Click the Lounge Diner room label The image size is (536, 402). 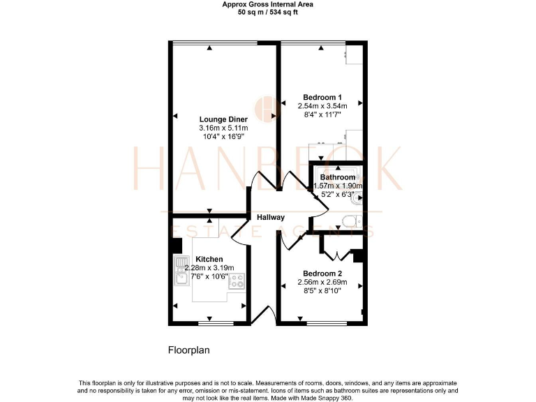point(223,119)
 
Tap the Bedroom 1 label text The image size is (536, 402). point(322,97)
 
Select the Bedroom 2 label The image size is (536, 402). point(322,273)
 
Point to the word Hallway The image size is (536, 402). point(271,217)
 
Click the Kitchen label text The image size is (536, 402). point(209,259)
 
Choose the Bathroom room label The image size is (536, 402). point(337,177)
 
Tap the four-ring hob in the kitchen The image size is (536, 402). point(237,281)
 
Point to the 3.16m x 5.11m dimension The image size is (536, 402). point(223,128)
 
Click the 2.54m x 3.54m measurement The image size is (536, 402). point(322,106)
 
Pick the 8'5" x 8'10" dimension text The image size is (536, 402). point(322,291)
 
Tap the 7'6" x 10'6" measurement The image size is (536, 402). point(209,277)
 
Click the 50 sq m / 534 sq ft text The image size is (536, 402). point(267,12)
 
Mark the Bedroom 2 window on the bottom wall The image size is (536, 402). point(322,322)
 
